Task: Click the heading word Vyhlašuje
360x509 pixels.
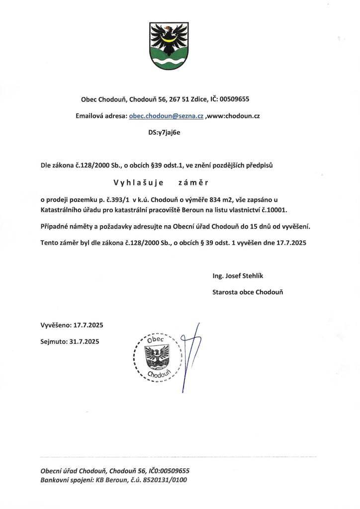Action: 135,182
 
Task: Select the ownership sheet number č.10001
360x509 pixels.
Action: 281,209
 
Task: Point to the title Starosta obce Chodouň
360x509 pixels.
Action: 247,293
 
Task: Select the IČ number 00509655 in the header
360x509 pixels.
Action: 233,99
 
